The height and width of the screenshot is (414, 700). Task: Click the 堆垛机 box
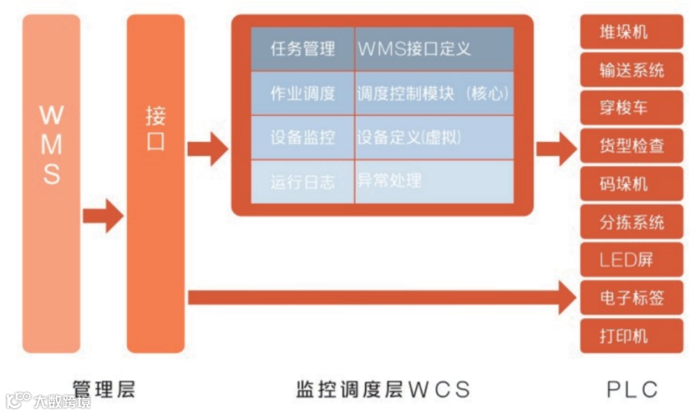631,32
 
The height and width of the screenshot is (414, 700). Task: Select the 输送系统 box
631,70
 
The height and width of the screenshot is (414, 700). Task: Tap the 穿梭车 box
631,108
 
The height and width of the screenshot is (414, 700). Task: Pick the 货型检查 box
631,146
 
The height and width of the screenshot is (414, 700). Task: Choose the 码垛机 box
631,184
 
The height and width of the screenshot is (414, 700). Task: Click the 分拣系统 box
631,222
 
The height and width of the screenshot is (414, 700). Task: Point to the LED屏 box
631,260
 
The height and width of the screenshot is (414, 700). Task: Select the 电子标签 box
631,298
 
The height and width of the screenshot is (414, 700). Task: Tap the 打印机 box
631,336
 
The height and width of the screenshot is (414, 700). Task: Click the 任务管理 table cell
303,49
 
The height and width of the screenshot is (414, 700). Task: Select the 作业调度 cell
303,93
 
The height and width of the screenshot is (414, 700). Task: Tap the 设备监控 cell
303,138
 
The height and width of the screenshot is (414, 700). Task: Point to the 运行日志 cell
303,182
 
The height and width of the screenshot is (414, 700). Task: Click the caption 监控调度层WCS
382,389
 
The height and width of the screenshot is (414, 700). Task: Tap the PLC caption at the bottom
632,389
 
